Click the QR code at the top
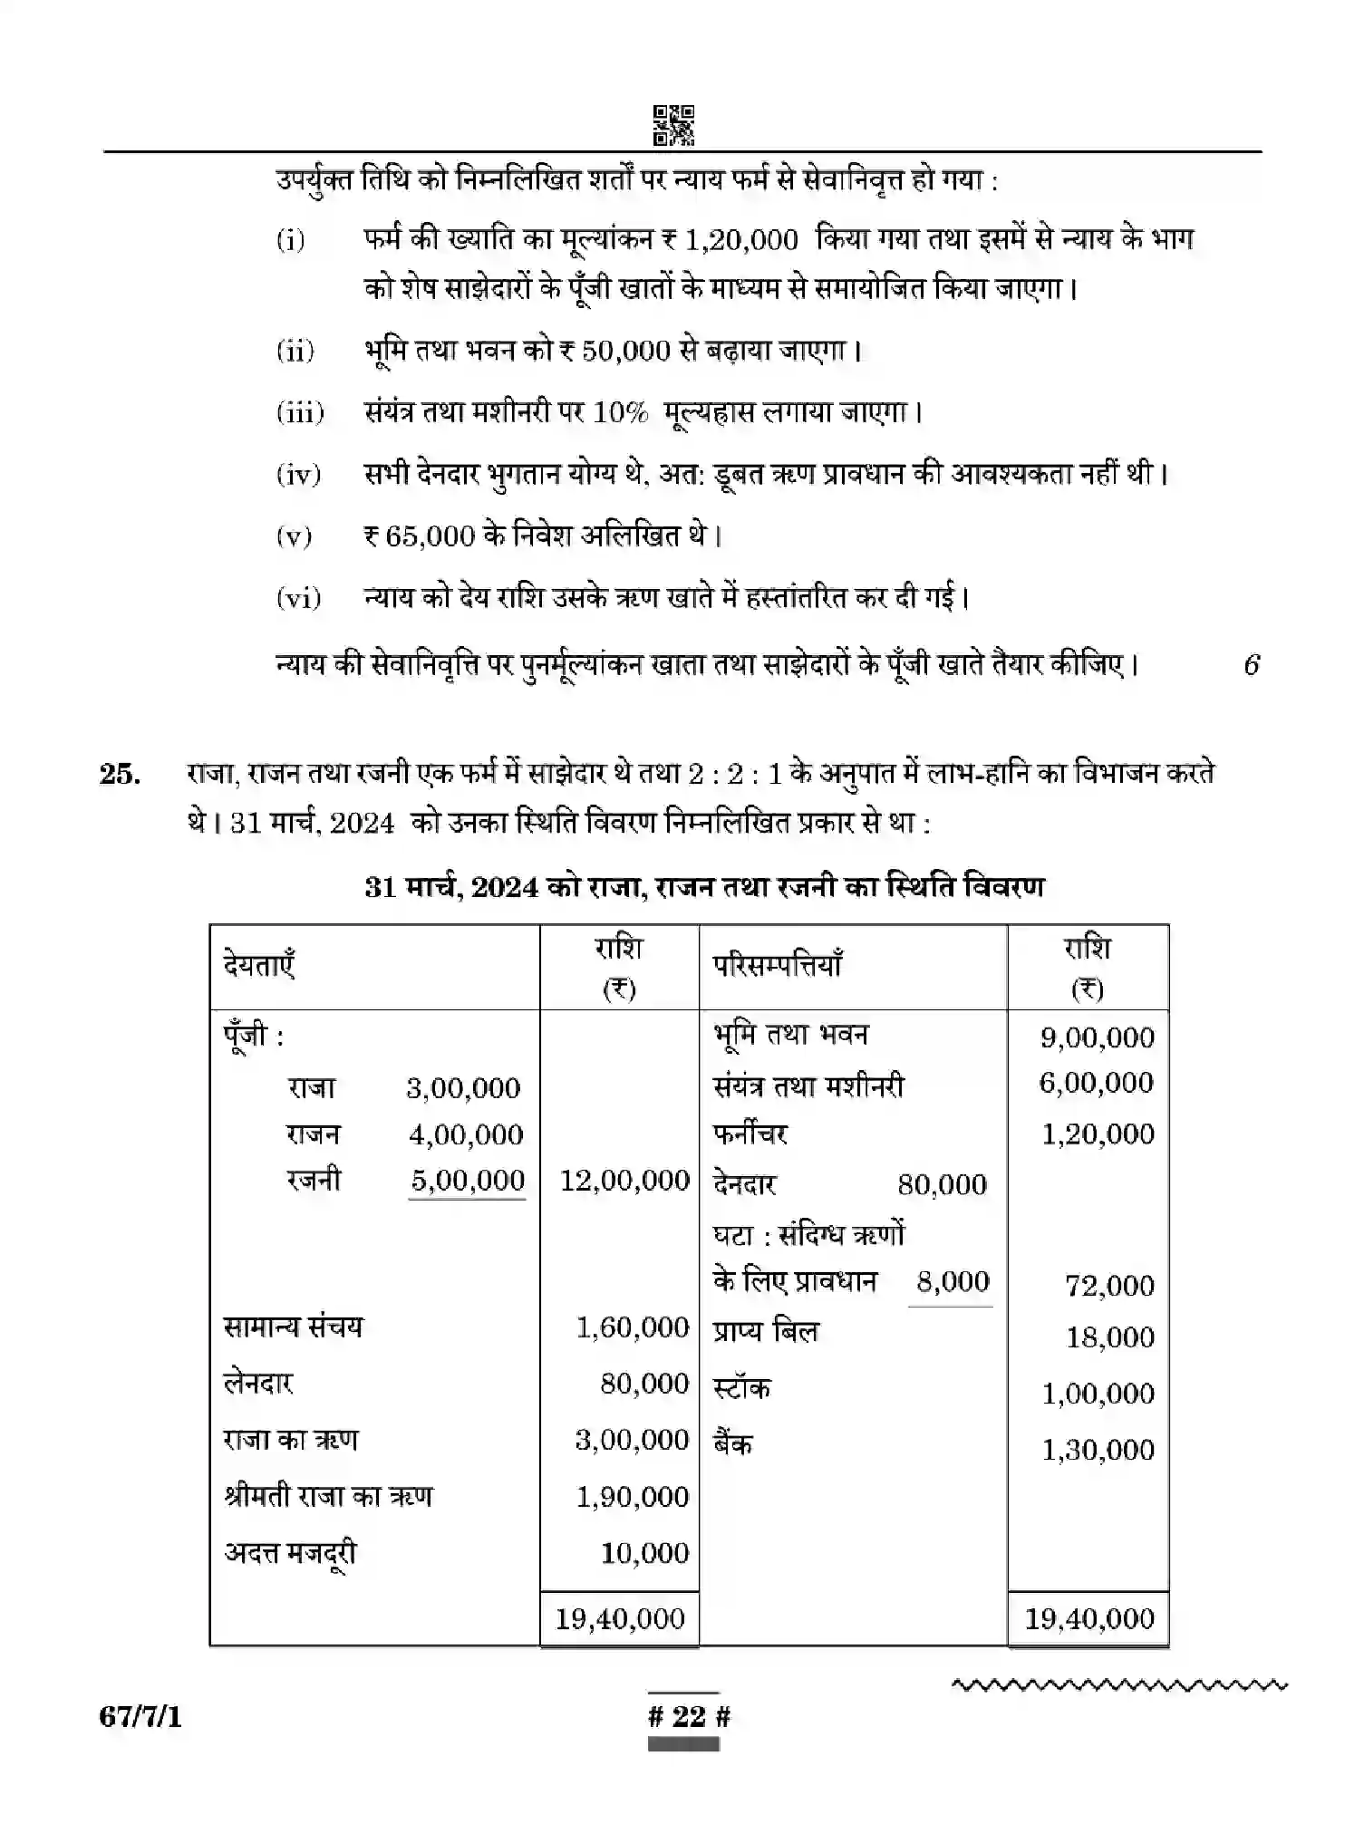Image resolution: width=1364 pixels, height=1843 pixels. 673,125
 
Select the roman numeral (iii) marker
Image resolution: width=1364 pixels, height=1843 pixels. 300,413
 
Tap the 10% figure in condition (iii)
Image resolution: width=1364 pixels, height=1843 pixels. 621,413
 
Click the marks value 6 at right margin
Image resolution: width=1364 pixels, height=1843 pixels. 1251,665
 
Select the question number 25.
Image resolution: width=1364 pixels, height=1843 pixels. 121,775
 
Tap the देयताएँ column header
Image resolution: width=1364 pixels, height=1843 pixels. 259,965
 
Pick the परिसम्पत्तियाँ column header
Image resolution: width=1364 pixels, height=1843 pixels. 778,965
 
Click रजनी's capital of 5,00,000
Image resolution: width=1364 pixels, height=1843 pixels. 468,1180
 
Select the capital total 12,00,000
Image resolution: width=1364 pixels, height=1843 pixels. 624,1180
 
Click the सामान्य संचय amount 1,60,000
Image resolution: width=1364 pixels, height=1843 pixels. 633,1327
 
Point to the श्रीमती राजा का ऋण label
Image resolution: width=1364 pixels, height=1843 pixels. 328,1496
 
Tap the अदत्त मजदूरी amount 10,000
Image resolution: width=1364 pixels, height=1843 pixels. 644,1553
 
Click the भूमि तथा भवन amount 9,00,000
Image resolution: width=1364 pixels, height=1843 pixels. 1097,1037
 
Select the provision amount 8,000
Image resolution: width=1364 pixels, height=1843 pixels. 953,1281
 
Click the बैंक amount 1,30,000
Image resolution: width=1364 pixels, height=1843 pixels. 1098,1450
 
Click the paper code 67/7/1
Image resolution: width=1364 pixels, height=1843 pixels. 140,1717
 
